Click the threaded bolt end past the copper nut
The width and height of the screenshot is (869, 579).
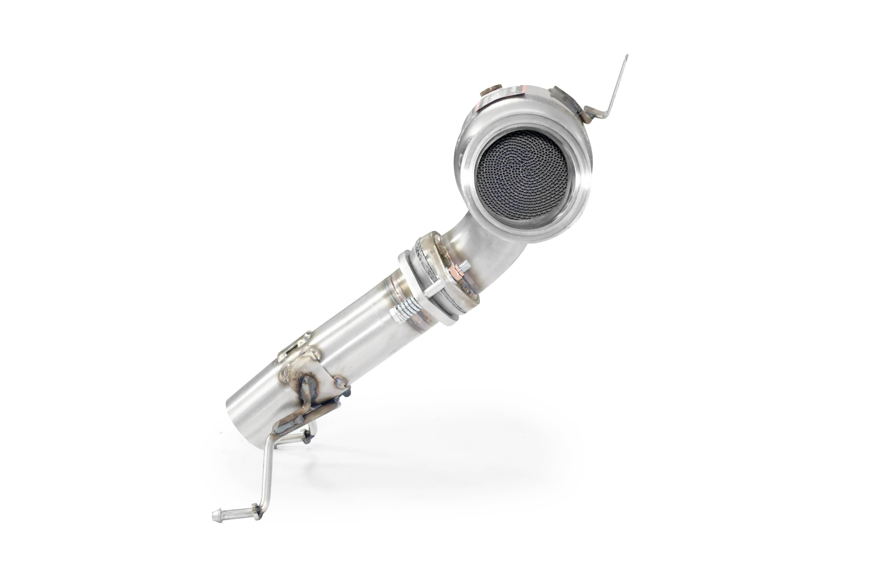coord(466,265)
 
